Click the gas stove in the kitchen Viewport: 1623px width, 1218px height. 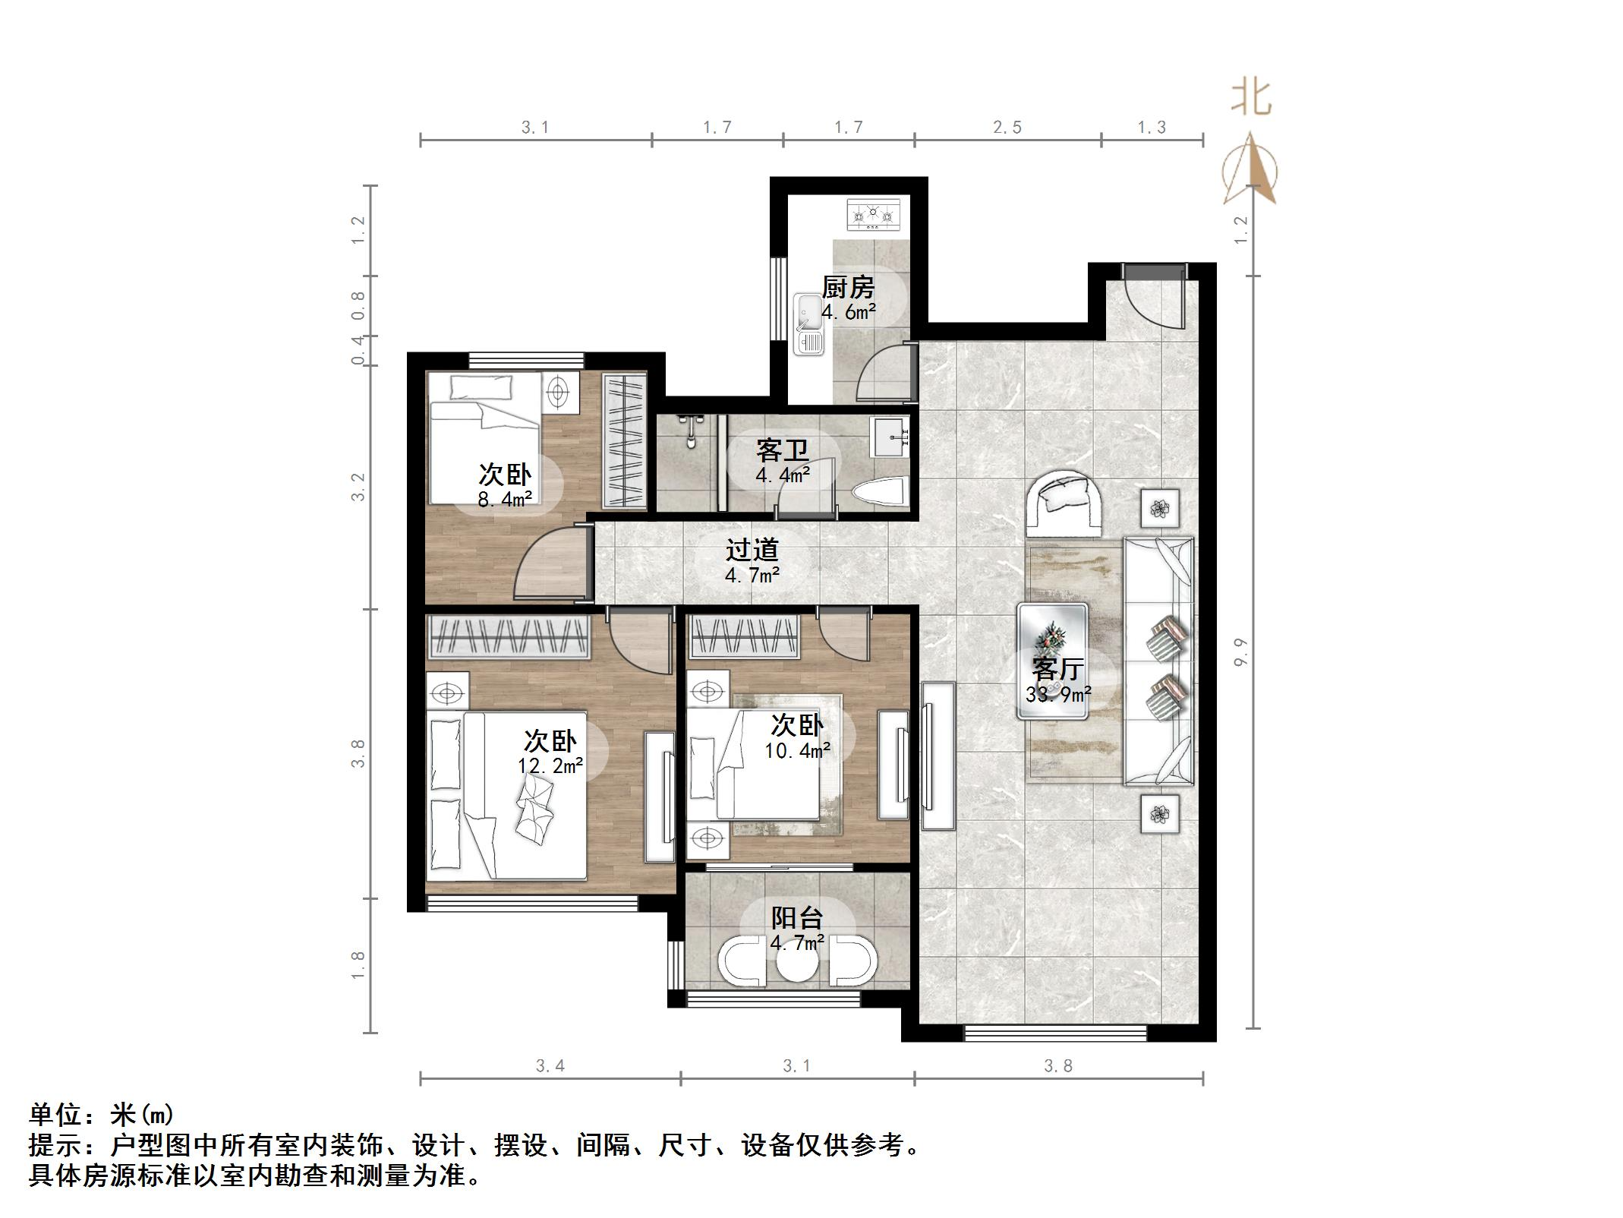pos(873,215)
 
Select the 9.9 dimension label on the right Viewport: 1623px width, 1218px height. pos(1240,652)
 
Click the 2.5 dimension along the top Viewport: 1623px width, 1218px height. pos(1007,128)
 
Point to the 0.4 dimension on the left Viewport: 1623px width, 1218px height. pos(358,351)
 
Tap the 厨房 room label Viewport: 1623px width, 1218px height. pos(848,288)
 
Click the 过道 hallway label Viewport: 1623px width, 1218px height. pos(752,550)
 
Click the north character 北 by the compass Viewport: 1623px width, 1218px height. pos(1251,99)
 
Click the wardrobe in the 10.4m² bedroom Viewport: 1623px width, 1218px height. pos(745,636)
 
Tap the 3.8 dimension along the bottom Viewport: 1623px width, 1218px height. pos(1058,1066)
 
